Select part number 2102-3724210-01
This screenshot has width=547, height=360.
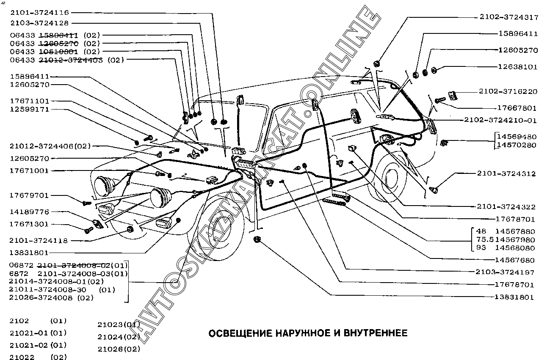[x=500, y=120]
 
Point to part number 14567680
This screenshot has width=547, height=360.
[x=515, y=260]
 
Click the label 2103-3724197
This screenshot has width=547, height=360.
[x=506, y=272]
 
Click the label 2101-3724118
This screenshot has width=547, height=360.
[x=39, y=240]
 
